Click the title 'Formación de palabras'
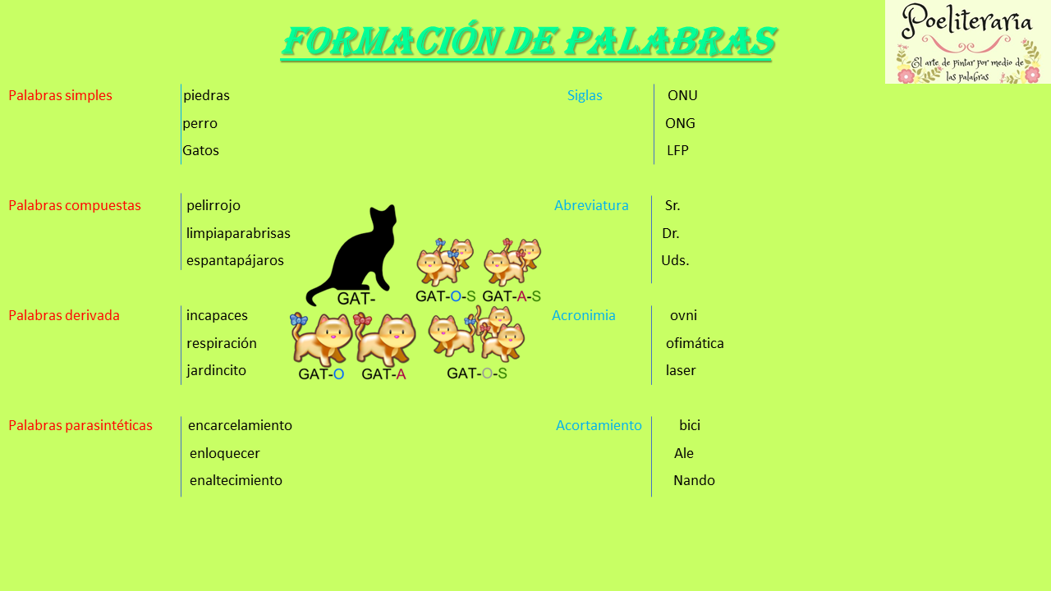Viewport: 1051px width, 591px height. click(x=528, y=41)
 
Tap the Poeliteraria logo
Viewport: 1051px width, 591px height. click(x=967, y=42)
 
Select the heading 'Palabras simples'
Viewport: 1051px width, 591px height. click(x=60, y=95)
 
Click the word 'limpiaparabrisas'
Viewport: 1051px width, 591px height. click(x=238, y=233)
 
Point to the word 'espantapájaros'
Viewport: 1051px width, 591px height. click(x=235, y=260)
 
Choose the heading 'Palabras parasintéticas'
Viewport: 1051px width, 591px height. click(x=80, y=425)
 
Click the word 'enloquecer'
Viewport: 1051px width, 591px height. click(x=225, y=453)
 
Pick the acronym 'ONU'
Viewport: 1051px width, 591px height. click(x=682, y=95)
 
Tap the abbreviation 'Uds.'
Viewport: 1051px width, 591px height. click(x=675, y=260)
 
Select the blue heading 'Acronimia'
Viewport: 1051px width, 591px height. click(x=584, y=315)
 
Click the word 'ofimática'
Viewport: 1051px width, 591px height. click(x=695, y=343)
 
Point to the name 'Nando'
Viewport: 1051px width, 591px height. click(x=694, y=480)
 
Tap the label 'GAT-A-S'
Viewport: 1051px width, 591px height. click(x=512, y=296)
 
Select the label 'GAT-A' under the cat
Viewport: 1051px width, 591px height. click(x=383, y=374)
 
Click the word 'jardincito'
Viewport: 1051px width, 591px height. click(x=216, y=370)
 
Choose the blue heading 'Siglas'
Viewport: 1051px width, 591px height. click(x=585, y=95)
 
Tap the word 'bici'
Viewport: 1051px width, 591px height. click(x=690, y=425)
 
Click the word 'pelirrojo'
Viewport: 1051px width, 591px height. click(x=213, y=205)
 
